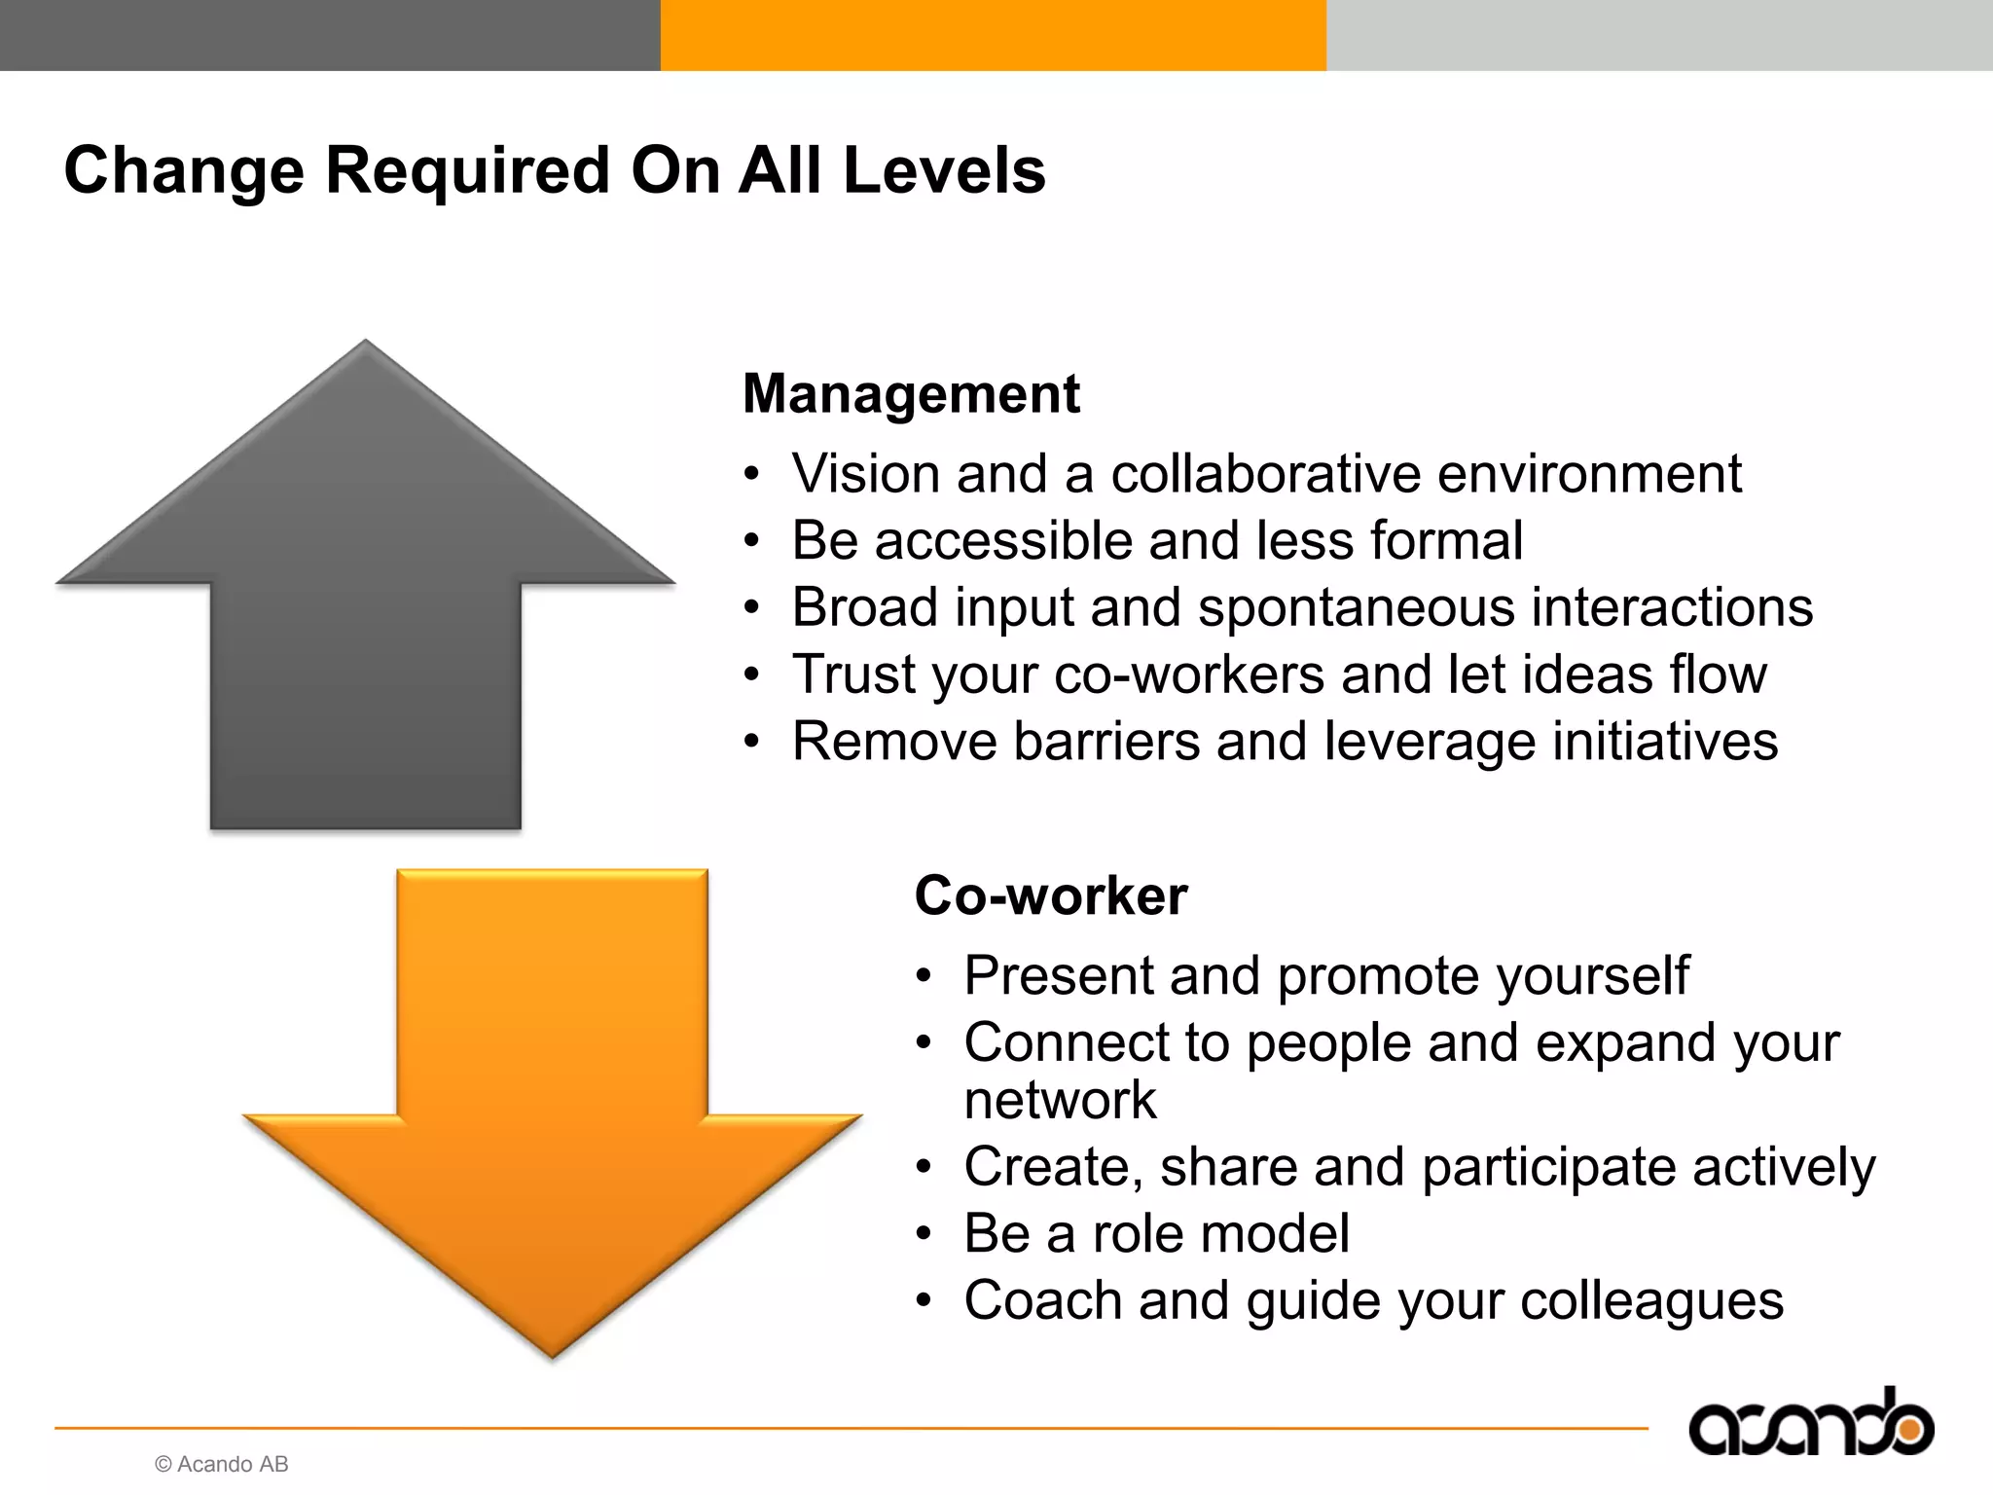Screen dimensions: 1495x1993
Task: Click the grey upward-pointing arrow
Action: [x=366, y=603]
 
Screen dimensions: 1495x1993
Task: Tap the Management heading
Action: [x=911, y=394]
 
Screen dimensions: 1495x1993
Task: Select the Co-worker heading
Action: [x=1051, y=895]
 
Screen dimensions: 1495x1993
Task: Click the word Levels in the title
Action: [x=943, y=170]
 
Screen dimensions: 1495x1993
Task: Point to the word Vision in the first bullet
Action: [x=865, y=474]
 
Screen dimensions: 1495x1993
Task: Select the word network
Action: [x=1060, y=1101]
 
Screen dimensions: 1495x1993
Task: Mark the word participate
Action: [x=1548, y=1167]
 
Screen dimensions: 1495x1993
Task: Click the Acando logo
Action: [x=1810, y=1426]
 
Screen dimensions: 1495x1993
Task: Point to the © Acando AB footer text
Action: [x=222, y=1464]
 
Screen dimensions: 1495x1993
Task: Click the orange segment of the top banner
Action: [x=993, y=35]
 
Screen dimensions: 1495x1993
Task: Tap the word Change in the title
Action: [x=184, y=170]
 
